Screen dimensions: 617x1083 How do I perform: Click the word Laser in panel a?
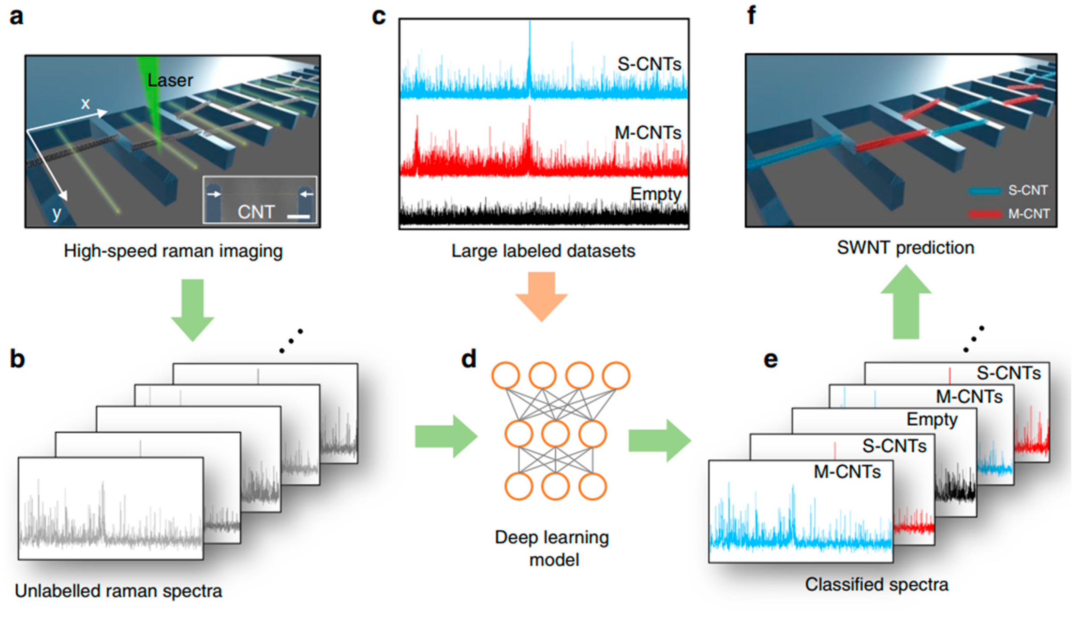[x=170, y=80]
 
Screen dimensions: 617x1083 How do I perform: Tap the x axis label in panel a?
[x=85, y=103]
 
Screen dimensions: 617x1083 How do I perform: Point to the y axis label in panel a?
[x=56, y=213]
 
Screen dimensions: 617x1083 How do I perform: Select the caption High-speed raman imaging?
[x=173, y=251]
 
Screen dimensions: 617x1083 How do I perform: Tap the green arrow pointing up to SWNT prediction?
[x=906, y=302]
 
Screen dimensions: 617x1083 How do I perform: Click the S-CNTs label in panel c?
[x=649, y=64]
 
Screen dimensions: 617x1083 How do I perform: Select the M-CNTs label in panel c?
[x=648, y=133]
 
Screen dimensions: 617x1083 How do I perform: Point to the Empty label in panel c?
[x=655, y=194]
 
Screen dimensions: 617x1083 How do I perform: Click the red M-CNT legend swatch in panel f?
[x=985, y=214]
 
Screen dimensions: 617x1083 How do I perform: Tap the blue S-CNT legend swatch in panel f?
[x=985, y=191]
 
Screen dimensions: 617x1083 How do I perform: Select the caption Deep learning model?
[x=552, y=548]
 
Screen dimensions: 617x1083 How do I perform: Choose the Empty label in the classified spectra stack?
[x=931, y=420]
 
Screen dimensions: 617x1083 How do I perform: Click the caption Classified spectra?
[x=876, y=585]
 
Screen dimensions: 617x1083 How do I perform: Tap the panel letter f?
[x=752, y=16]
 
